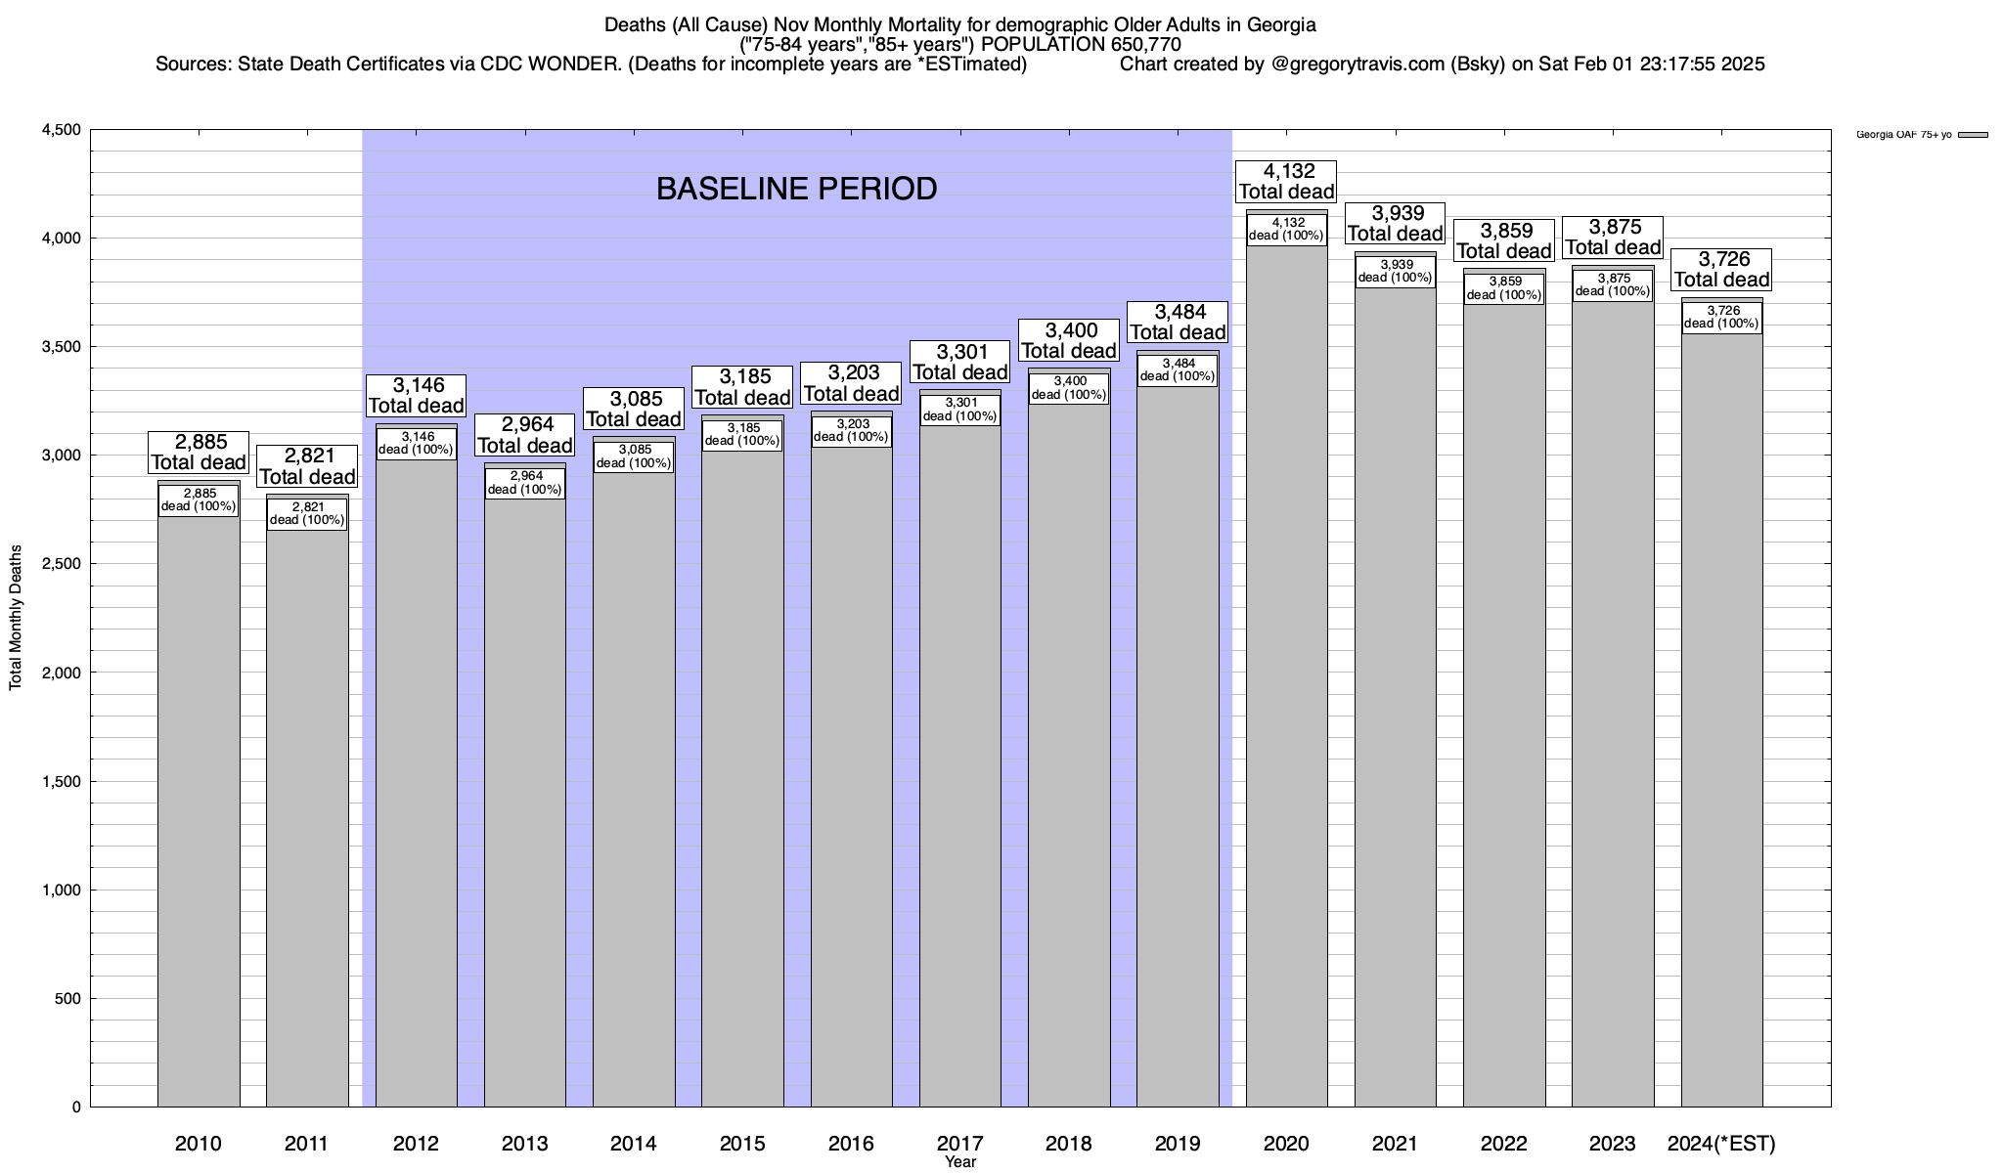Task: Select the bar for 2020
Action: click(1286, 684)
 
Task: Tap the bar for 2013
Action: click(525, 802)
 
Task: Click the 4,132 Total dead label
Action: click(1286, 182)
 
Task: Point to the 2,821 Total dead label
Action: click(307, 466)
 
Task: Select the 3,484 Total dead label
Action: click(1178, 322)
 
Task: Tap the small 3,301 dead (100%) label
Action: click(960, 410)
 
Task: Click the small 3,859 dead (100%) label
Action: click(1504, 288)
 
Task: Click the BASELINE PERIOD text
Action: click(796, 189)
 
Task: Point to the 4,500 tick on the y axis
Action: click(61, 130)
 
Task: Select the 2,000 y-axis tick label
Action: click(61, 673)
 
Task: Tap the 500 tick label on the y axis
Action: click(68, 998)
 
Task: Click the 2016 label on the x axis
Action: click(851, 1143)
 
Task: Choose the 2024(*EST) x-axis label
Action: click(1721, 1143)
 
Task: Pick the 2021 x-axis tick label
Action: click(1395, 1143)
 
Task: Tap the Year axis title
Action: click(960, 1162)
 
